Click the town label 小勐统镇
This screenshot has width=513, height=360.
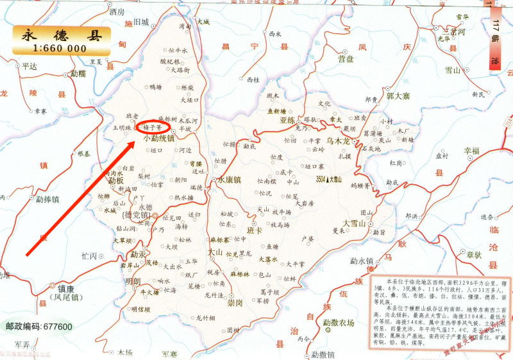coord(159,138)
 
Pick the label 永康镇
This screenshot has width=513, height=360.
coord(228,180)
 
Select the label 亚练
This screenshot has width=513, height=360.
coord(287,120)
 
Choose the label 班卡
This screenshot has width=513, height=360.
coord(255,230)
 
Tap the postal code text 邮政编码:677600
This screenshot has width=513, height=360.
coord(39,327)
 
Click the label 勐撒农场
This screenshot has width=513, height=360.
coord(338,323)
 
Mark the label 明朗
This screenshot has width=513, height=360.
coord(133,281)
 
